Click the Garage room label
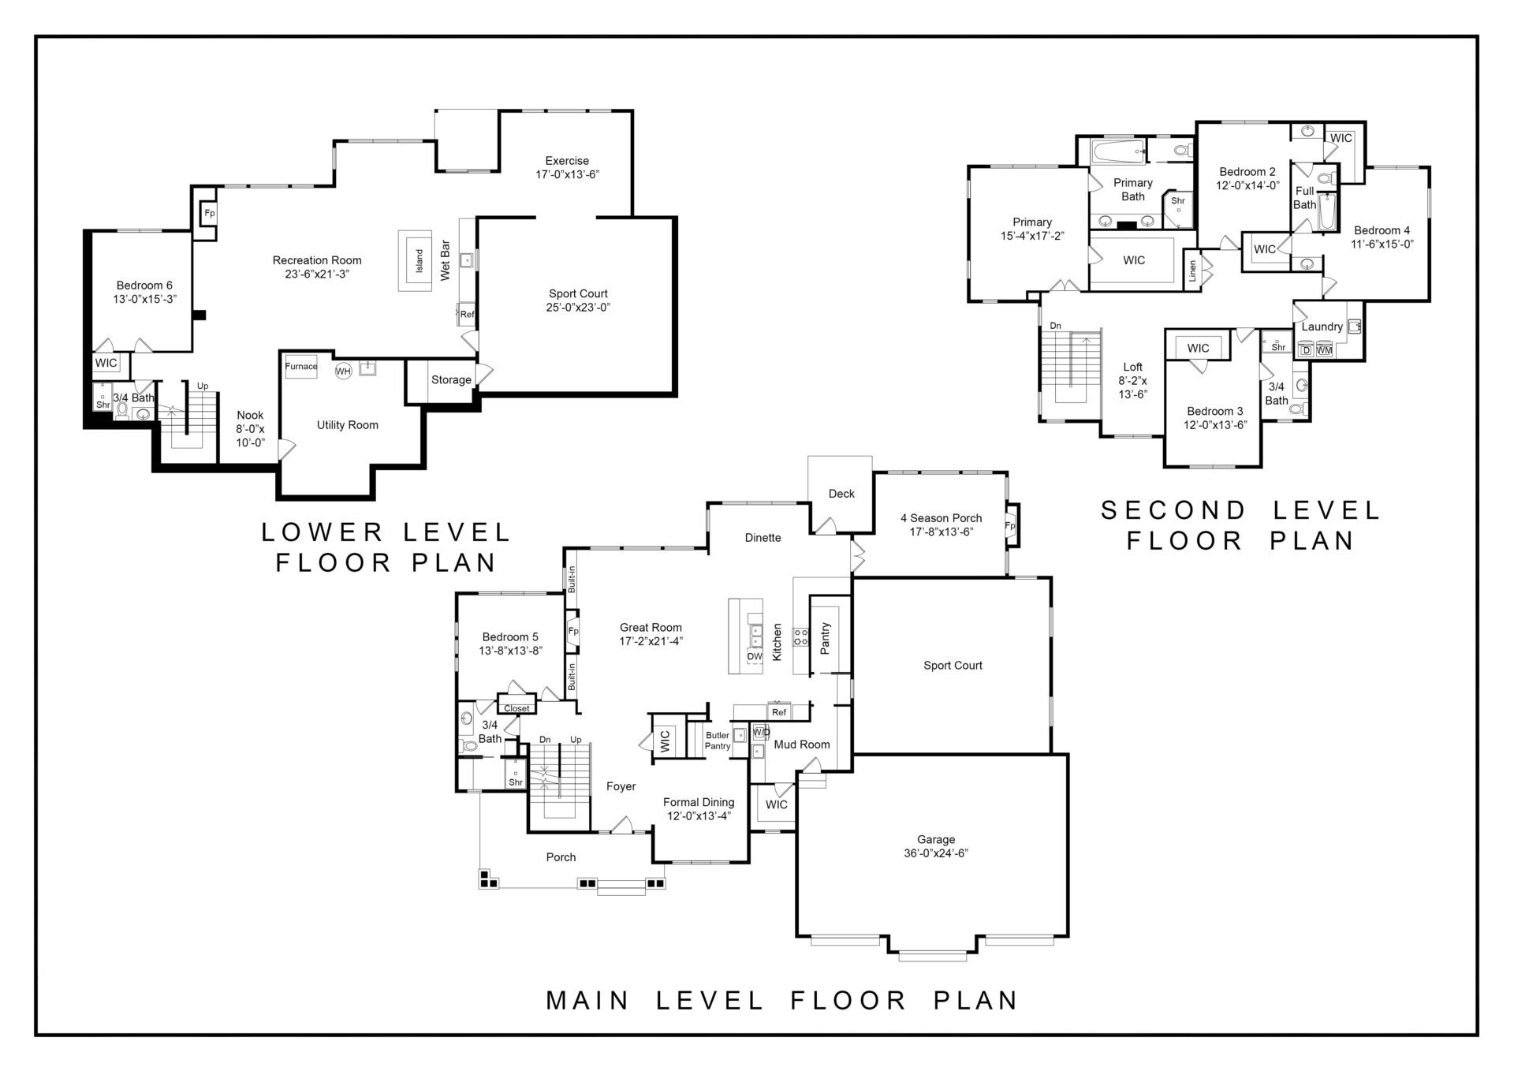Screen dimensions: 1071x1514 point(935,840)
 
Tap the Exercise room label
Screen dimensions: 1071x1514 point(567,161)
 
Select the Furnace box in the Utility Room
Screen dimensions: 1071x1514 point(301,367)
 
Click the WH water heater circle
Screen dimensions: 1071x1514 point(343,371)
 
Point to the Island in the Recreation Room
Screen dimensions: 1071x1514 point(419,260)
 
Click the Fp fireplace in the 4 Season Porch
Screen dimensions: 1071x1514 point(1009,525)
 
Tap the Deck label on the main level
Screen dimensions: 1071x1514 point(841,494)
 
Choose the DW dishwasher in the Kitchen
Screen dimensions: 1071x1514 point(755,656)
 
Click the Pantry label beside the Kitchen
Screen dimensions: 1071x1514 point(826,638)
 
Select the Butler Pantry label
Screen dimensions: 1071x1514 point(718,741)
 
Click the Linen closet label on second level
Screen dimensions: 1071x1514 point(1192,271)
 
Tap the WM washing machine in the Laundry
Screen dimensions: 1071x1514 point(1325,350)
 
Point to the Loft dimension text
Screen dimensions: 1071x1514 point(1132,387)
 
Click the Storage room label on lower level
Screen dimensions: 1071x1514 point(451,380)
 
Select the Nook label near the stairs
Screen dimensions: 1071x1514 point(250,416)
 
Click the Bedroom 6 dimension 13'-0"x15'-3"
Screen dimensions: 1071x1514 point(144,300)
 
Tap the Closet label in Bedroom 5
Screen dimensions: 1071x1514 point(516,708)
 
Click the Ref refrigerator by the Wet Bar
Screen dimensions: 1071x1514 point(467,314)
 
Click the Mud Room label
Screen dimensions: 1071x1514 point(802,744)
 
